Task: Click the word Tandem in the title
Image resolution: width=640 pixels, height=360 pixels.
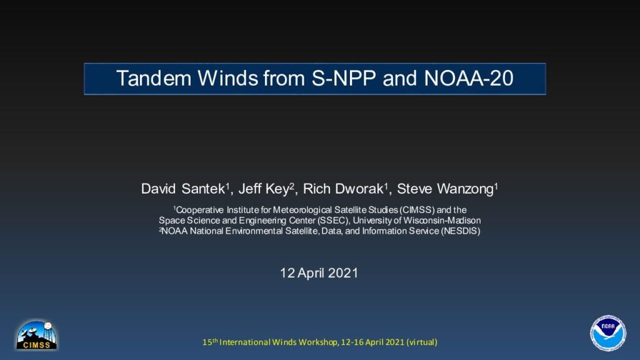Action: pos(154,78)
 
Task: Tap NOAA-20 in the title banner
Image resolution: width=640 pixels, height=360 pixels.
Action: pos(469,78)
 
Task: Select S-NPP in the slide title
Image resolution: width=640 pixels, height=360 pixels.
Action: pos(344,78)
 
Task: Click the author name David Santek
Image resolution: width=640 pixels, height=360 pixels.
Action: pos(183,189)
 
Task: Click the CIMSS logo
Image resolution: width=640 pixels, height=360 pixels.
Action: pos(37,335)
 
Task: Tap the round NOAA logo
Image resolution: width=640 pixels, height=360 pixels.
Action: pos(608,332)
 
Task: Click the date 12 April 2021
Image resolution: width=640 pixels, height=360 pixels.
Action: pos(319,272)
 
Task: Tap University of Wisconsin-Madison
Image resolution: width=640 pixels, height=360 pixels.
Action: pos(417,221)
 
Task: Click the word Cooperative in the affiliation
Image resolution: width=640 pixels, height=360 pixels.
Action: pos(199,210)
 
